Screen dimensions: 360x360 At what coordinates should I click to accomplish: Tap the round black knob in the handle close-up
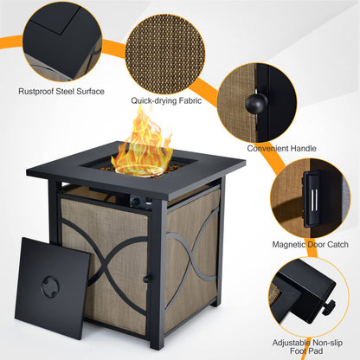coord(254,102)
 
